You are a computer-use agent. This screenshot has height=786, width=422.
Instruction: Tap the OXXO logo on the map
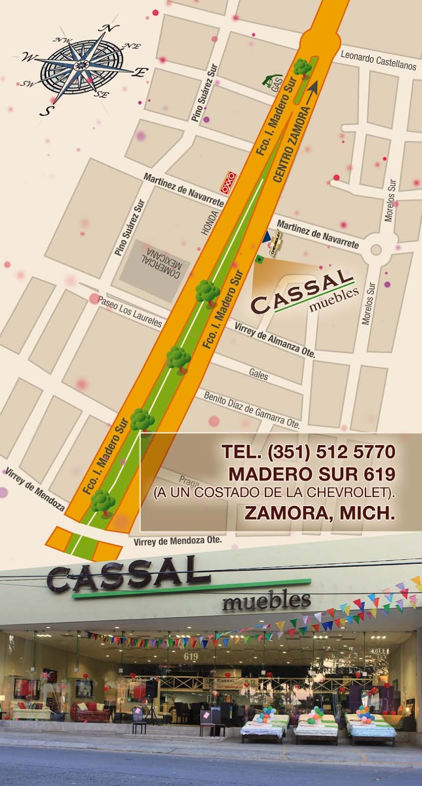[x=228, y=182]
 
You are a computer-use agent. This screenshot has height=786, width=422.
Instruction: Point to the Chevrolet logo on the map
[x=277, y=241]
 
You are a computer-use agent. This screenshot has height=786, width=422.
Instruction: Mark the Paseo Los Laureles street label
[x=130, y=311]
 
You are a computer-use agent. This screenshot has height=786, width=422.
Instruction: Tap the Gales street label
[x=258, y=374]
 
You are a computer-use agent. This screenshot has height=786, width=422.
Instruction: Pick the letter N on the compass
[x=105, y=29]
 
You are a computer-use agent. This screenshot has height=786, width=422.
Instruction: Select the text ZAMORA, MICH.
[x=320, y=513]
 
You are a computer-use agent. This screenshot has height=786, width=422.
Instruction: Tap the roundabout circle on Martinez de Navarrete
[x=376, y=250]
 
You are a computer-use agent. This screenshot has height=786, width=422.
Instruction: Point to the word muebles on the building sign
[x=266, y=601]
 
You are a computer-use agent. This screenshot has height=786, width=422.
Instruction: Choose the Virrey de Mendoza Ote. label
[x=178, y=541]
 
